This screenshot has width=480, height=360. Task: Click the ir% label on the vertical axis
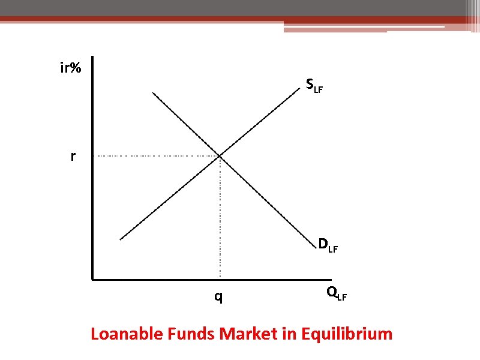(71, 68)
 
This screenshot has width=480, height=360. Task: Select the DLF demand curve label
(328, 245)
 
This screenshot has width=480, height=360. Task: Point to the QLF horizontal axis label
(336, 293)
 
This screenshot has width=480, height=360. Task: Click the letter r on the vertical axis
(73, 157)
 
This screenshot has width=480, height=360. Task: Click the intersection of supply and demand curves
(220, 156)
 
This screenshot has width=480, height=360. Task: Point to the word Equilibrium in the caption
(347, 334)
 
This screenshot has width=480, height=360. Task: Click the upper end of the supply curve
(299, 89)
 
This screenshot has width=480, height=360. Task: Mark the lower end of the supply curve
(121, 239)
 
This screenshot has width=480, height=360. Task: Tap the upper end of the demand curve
(153, 92)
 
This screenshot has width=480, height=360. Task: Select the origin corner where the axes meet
(92, 279)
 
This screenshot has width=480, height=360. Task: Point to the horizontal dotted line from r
(156, 156)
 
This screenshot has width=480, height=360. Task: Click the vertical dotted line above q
(220, 216)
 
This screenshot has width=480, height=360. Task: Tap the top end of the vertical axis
(92, 58)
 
